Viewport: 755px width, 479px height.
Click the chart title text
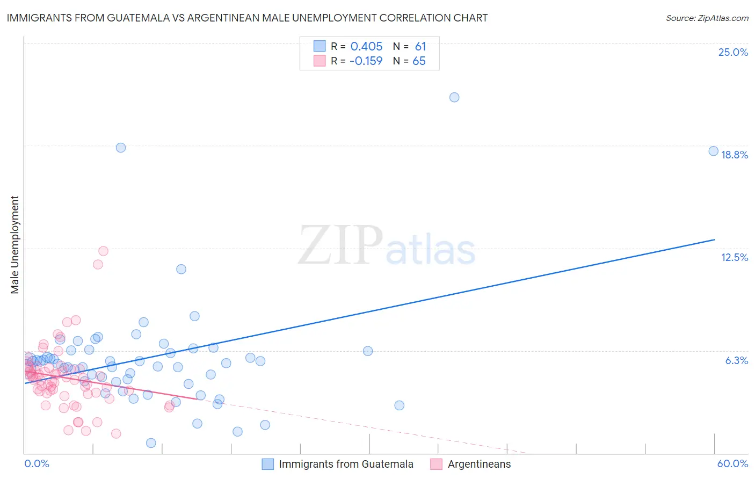point(247,18)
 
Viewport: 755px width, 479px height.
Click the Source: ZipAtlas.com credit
point(707,18)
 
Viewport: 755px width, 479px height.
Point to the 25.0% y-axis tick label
point(733,52)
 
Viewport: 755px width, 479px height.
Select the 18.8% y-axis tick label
point(734,155)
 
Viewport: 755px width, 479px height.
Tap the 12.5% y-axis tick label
point(734,257)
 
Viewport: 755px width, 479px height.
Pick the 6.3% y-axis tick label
point(736,360)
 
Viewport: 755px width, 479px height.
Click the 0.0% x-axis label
point(37,463)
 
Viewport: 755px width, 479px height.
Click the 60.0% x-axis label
point(732,463)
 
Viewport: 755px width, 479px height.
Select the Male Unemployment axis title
point(14,245)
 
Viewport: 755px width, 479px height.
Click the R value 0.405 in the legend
point(366,47)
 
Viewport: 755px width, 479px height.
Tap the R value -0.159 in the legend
point(366,61)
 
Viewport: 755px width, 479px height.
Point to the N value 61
point(420,47)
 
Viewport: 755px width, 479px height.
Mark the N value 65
point(419,61)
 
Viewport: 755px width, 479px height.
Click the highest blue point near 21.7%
point(454,97)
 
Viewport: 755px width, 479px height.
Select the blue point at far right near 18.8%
point(713,151)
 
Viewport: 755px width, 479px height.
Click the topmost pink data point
point(103,251)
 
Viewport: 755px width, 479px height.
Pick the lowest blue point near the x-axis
point(151,443)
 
